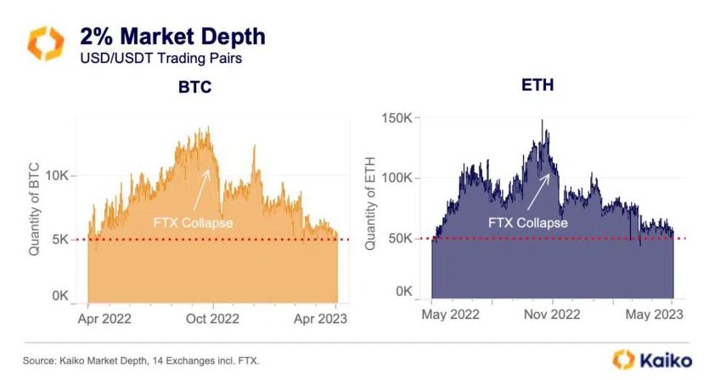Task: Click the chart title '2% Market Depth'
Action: point(172,37)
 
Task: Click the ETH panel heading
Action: point(537,86)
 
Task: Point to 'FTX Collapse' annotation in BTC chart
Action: point(194,223)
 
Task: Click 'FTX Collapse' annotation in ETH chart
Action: point(528,223)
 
